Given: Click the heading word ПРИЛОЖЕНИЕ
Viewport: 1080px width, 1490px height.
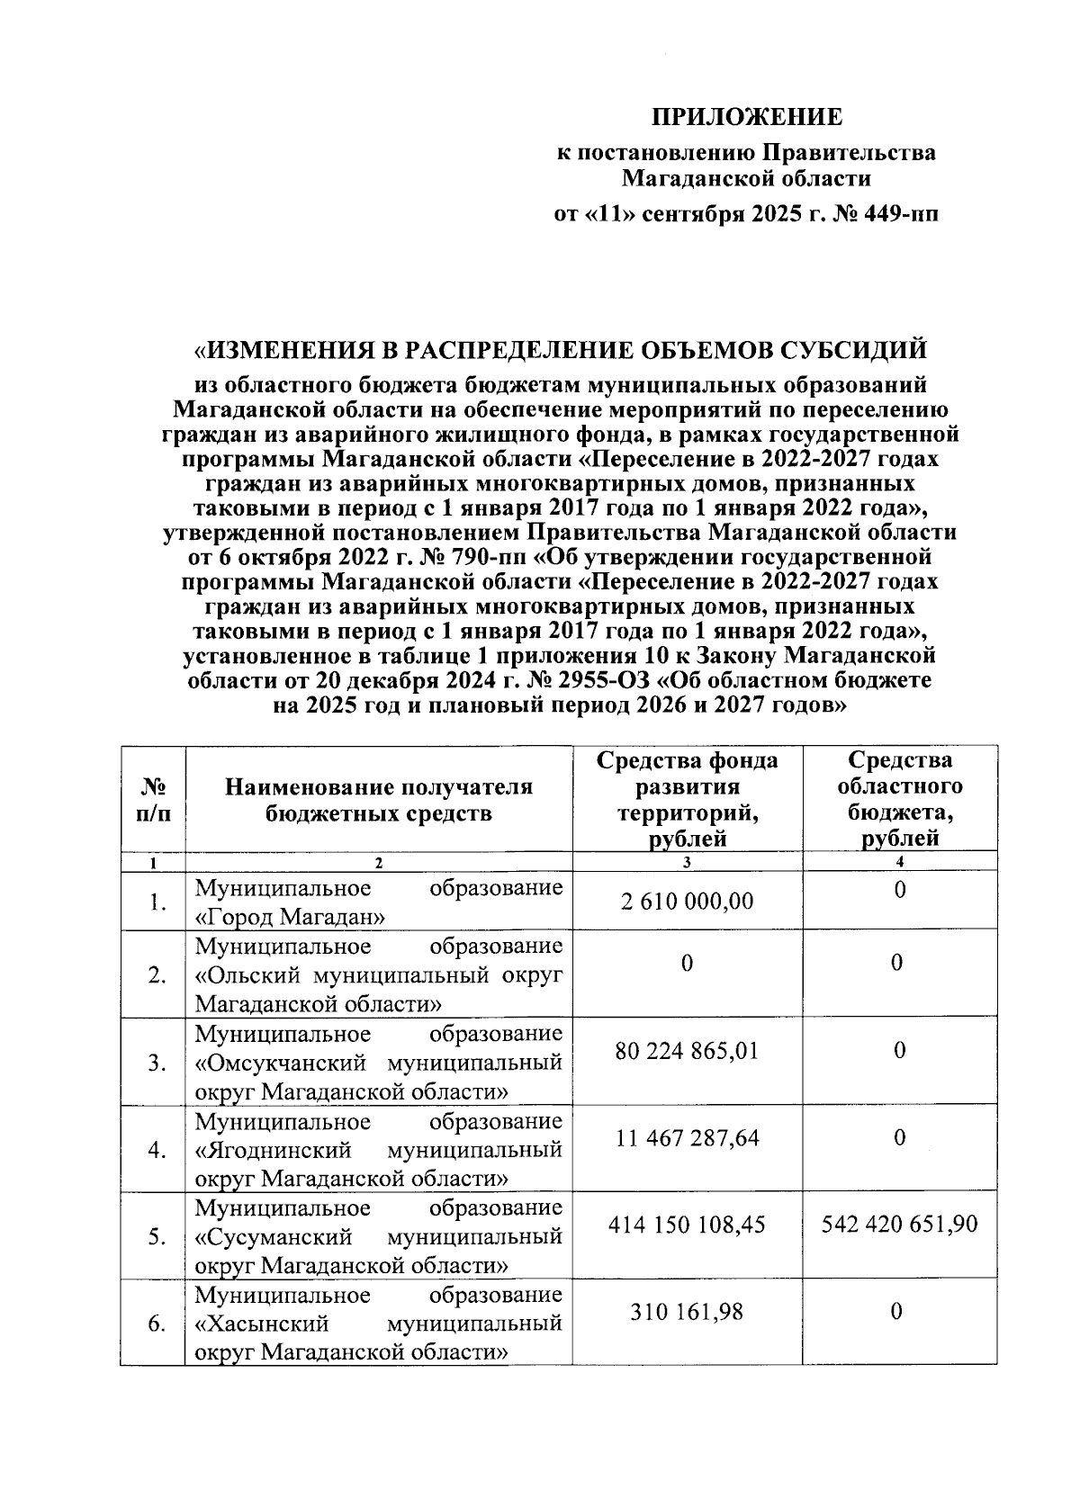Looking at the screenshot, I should point(746,118).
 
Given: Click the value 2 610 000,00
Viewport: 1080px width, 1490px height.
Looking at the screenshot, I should point(687,901).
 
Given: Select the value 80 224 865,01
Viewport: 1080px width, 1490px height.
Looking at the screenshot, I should point(687,1050).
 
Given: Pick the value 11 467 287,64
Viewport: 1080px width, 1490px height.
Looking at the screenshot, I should point(688,1138).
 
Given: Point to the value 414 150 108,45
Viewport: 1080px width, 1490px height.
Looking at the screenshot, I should point(687,1225).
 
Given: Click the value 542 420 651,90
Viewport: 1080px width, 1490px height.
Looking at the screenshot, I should point(899,1225).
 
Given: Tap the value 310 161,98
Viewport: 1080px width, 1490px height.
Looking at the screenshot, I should point(687,1312).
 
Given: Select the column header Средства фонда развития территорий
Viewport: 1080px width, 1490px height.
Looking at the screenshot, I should point(687,799).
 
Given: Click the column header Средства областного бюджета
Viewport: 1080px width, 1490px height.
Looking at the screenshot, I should point(899,799).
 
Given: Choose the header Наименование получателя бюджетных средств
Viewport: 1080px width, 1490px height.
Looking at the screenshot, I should point(378,801).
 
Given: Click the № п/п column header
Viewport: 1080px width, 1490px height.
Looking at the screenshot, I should point(153,801).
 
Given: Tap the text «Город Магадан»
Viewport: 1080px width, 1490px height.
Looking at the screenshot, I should point(291,918).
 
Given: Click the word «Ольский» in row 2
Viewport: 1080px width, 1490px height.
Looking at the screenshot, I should point(242,975).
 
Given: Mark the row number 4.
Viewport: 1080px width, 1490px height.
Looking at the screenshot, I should point(157,1151).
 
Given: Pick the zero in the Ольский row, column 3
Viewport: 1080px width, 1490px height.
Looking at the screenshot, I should point(687,963).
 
